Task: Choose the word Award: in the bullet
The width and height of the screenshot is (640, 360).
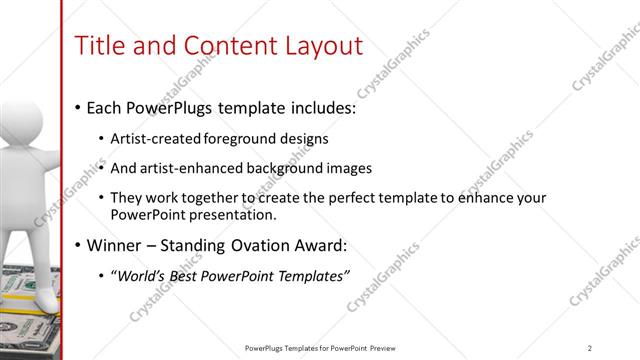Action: coord(326,246)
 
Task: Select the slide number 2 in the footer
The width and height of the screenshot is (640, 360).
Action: coord(589,348)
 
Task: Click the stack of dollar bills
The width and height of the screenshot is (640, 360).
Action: coord(30,320)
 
